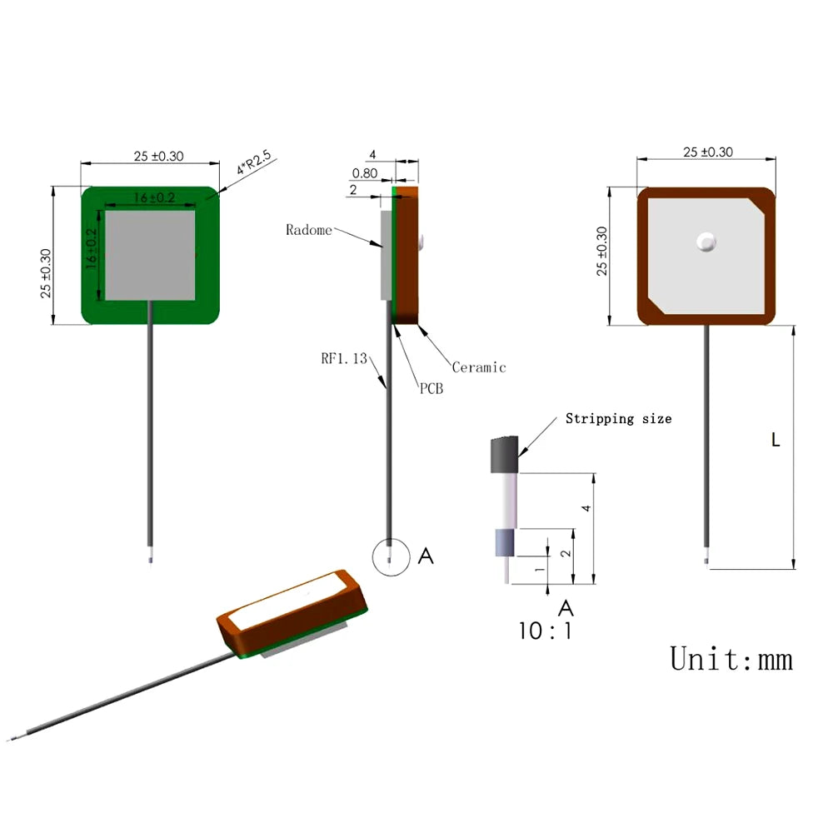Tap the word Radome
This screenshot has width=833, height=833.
[308, 230]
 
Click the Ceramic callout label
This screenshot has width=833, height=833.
[478, 367]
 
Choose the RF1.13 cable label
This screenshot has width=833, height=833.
[344, 359]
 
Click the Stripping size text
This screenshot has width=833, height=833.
[618, 418]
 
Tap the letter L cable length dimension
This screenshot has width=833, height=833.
[775, 441]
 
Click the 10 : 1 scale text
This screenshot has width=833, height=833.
[546, 631]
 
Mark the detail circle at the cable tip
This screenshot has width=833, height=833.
[391, 558]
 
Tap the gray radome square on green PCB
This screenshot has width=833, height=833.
[150, 254]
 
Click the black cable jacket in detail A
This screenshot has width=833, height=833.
[505, 455]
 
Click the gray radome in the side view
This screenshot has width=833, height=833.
[386, 255]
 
